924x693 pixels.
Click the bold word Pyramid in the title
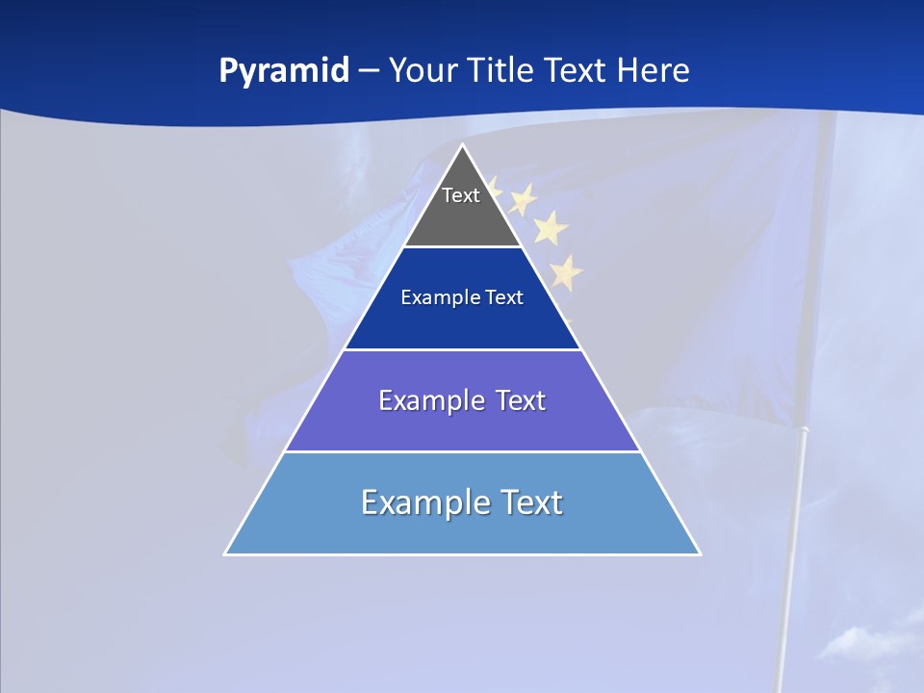tap(283, 71)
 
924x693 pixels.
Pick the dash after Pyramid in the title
tap(369, 71)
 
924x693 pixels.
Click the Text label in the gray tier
tap(460, 195)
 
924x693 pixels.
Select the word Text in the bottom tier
tap(530, 502)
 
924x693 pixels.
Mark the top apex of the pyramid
tap(463, 145)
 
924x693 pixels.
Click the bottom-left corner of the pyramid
tap(225, 553)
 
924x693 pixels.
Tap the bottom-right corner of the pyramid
tap(700, 553)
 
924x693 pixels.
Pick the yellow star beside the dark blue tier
tap(566, 272)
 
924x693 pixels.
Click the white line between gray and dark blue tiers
tap(463, 246)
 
